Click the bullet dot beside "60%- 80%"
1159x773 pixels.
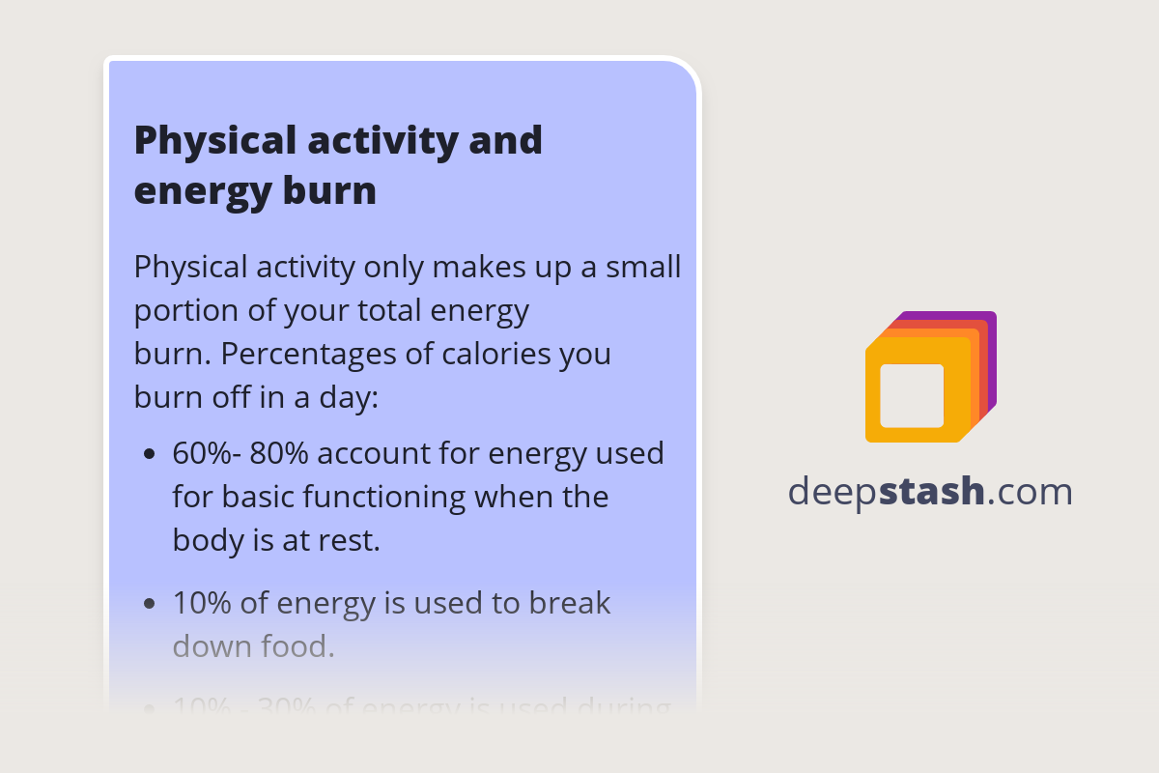[x=149, y=453]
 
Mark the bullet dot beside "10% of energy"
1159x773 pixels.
[x=149, y=604]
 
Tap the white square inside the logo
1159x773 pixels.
[x=912, y=395]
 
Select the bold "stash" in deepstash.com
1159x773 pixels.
[x=932, y=492]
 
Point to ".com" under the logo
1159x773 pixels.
[x=1031, y=492]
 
